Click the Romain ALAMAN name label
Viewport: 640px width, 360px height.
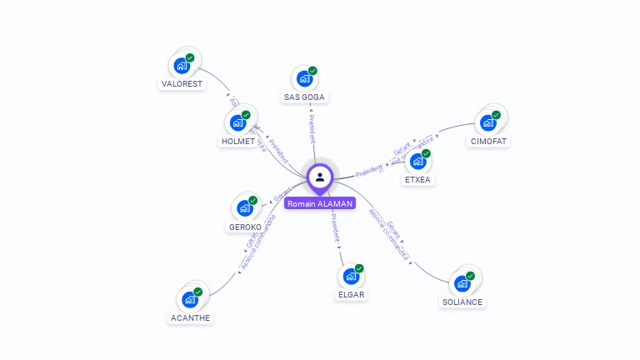pyautogui.click(x=320, y=203)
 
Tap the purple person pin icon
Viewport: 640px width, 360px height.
pyautogui.click(x=320, y=177)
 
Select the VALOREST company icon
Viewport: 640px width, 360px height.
pyautogui.click(x=182, y=65)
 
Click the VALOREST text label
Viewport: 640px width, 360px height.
pyautogui.click(x=182, y=84)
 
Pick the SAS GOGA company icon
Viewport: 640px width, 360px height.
pyautogui.click(x=305, y=78)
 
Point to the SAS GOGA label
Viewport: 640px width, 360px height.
pyautogui.click(x=305, y=97)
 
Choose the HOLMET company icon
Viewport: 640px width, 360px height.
pyautogui.click(x=238, y=122)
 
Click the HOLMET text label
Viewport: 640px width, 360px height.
pyautogui.click(x=238, y=142)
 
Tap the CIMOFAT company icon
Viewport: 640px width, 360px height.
pyautogui.click(x=488, y=122)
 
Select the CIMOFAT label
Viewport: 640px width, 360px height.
pyautogui.click(x=488, y=142)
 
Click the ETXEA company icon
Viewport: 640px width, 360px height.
pyautogui.click(x=418, y=161)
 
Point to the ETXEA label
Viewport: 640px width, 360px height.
pyautogui.click(x=418, y=180)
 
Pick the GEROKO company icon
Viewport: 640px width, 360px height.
pyautogui.click(x=245, y=207)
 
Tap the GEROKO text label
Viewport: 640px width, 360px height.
pyautogui.click(x=245, y=227)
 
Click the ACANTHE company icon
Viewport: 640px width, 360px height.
pyautogui.click(x=190, y=298)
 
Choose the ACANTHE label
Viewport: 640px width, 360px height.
pyautogui.click(x=190, y=317)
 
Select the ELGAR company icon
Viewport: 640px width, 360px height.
pyautogui.click(x=352, y=275)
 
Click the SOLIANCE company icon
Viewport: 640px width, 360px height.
pyautogui.click(x=462, y=282)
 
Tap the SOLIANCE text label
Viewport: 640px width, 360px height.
pyautogui.click(x=462, y=302)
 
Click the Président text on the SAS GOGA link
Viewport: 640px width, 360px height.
pyautogui.click(x=312, y=129)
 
